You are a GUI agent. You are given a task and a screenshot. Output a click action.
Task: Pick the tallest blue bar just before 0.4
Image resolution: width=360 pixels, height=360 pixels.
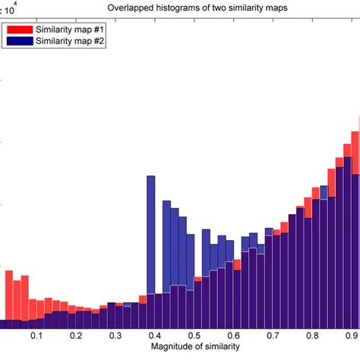pyautogui.click(x=150, y=235)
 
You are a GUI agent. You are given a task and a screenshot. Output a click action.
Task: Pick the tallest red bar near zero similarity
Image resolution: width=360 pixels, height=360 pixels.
pyautogui.click(x=10, y=296)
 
